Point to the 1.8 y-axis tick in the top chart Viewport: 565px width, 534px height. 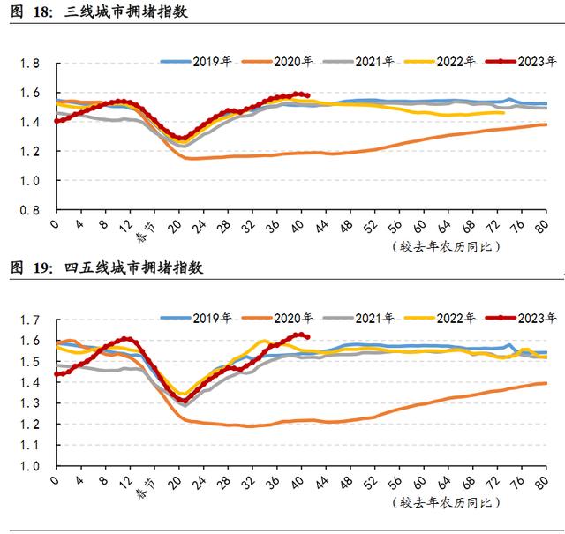tap(29, 64)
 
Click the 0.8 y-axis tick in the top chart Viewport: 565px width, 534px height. tap(29, 212)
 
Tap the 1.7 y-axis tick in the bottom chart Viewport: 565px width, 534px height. tap(29, 320)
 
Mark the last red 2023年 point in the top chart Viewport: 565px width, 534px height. tap(306, 95)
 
